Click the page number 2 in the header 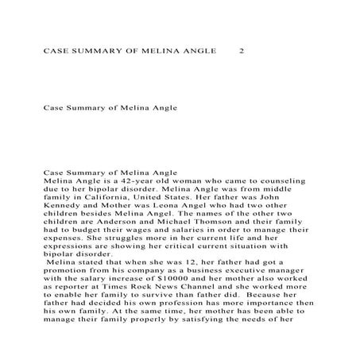click(242, 51)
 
